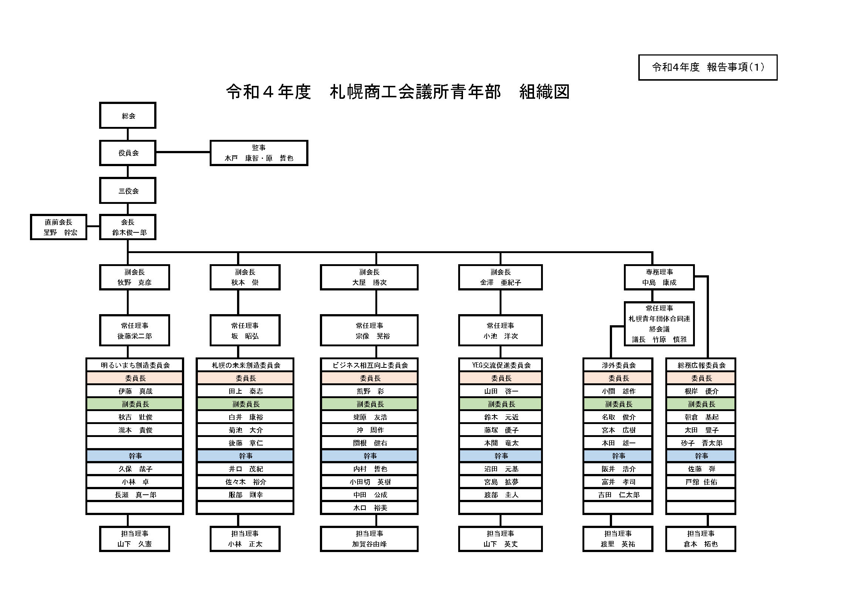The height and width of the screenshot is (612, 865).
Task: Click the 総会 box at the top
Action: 128,116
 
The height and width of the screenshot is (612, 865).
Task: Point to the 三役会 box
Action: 128,191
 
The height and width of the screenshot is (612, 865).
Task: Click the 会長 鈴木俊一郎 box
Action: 128,227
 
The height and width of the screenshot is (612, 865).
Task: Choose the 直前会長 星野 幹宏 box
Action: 59,227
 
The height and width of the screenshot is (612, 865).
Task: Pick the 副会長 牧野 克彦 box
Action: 135,278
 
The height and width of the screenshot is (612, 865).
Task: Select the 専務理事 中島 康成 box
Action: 659,278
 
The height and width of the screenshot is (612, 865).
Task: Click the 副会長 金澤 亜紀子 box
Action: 500,278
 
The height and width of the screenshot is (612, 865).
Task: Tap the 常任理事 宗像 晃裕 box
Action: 369,330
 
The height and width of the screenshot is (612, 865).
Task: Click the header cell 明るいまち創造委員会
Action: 135,365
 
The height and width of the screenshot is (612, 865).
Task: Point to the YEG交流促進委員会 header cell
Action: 501,365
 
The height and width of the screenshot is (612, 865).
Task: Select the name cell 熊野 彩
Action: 369,391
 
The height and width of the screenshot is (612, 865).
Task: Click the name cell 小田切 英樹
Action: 369,482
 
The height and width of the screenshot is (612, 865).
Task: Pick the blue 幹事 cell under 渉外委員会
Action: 618,456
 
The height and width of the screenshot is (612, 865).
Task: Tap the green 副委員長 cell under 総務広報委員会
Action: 701,404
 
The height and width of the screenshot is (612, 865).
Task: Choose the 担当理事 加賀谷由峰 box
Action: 369,539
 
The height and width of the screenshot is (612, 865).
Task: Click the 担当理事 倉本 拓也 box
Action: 701,539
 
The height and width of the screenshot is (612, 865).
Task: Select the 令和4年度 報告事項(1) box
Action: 707,67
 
